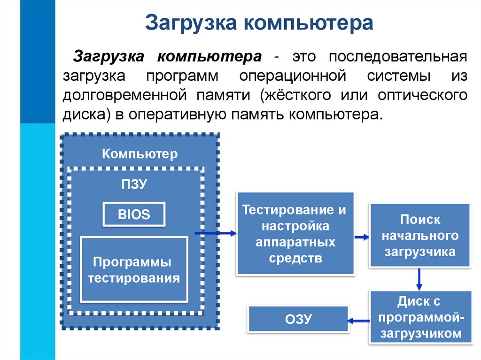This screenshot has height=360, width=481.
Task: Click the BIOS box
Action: [134, 215]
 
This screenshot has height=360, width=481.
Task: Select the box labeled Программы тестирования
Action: [134, 269]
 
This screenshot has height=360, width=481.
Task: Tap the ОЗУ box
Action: [298, 319]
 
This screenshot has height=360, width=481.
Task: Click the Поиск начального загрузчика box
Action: [420, 236]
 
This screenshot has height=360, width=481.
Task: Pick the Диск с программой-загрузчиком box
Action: [420, 317]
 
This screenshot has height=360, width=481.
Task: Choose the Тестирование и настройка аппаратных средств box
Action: [295, 233]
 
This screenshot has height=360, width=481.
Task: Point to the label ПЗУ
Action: [135, 184]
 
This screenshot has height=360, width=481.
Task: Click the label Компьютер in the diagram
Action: [140, 153]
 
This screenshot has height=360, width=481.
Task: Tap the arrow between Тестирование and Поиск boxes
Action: [361, 237]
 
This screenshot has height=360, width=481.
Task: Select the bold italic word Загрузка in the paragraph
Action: [108, 57]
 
